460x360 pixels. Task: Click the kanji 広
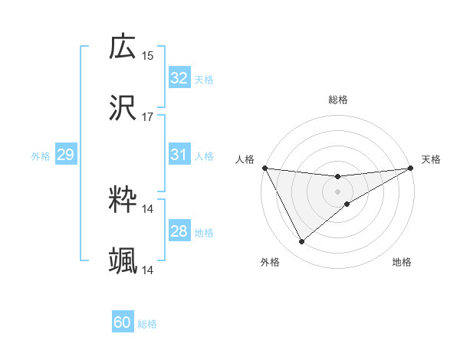pyautogui.click(x=123, y=47)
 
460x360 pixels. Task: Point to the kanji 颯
pyautogui.click(x=123, y=261)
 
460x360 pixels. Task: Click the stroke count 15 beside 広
pyautogui.click(x=148, y=56)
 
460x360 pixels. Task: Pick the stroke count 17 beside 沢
pyautogui.click(x=148, y=117)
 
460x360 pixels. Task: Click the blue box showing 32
pyautogui.click(x=179, y=78)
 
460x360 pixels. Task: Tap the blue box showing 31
pyautogui.click(x=179, y=155)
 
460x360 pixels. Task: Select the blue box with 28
pyautogui.click(x=179, y=231)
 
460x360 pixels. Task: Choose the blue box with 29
pyautogui.click(x=65, y=155)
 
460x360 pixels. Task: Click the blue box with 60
pyautogui.click(x=123, y=322)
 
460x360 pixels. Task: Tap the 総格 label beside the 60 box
pyautogui.click(x=147, y=324)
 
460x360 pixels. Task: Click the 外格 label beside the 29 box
pyautogui.click(x=41, y=156)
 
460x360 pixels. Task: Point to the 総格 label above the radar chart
pyautogui.click(x=338, y=100)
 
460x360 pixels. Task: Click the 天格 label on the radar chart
pyautogui.click(x=431, y=159)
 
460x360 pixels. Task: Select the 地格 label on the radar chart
pyautogui.click(x=402, y=263)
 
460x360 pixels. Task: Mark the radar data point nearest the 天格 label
pyautogui.click(x=411, y=168)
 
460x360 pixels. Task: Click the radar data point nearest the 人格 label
pyautogui.click(x=264, y=168)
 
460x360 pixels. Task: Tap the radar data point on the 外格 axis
pyautogui.click(x=301, y=242)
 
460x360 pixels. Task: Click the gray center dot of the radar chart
pyautogui.click(x=338, y=191)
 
